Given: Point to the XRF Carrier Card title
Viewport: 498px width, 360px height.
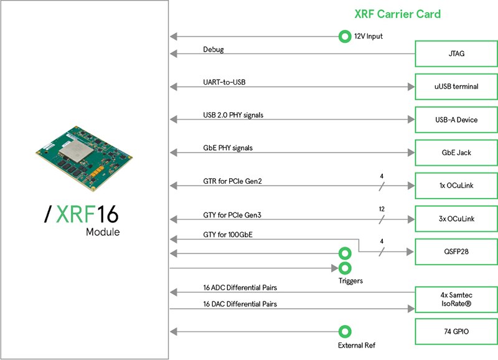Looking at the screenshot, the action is (x=398, y=14).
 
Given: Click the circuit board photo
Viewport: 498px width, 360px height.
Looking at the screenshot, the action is (x=84, y=158).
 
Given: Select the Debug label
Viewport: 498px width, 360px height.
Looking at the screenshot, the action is (x=214, y=50).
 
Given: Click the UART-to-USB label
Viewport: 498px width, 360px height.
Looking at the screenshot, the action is (x=224, y=82).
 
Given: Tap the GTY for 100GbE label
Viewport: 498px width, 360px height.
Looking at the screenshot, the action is (x=228, y=235).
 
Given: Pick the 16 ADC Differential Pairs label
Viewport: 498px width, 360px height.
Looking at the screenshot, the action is (x=240, y=288).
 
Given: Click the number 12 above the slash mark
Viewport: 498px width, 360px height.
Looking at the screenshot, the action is (x=382, y=209).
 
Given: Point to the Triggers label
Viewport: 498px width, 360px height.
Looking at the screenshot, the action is (x=350, y=281).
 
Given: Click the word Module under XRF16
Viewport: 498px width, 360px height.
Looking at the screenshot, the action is (x=103, y=232).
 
